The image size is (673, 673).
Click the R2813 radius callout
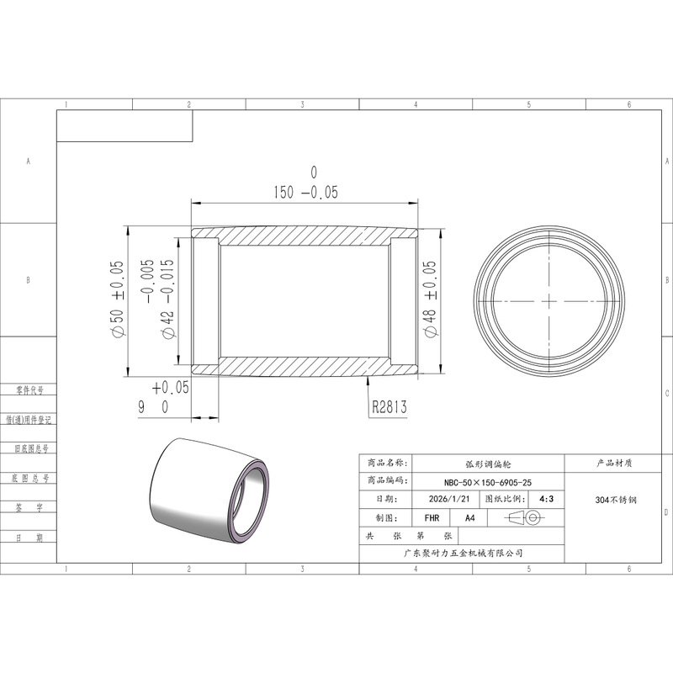pyautogui.click(x=389, y=406)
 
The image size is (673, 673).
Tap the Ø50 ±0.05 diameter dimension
pyautogui.click(x=117, y=299)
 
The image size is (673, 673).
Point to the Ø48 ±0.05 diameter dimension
pyautogui.click(x=430, y=299)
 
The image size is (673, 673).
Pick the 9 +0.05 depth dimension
pyautogui.click(x=163, y=397)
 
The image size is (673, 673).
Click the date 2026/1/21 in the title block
pyautogui.click(x=449, y=499)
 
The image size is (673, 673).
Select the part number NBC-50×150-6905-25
pyautogui.click(x=488, y=482)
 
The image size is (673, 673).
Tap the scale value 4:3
pyautogui.click(x=546, y=499)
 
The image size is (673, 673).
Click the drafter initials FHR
pyautogui.click(x=432, y=518)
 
